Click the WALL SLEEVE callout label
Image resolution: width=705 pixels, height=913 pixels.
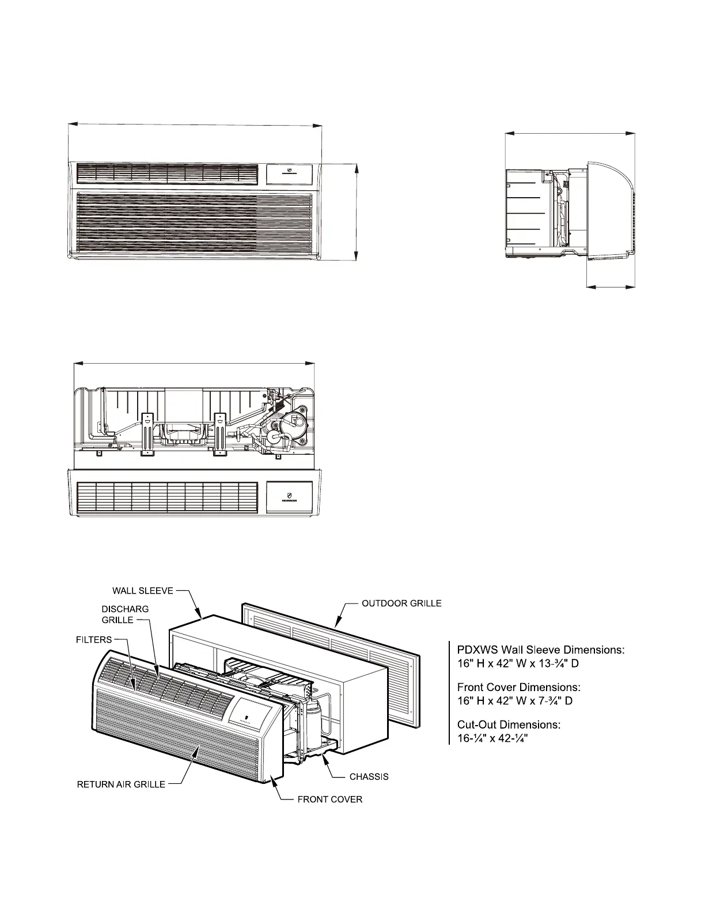coord(142,591)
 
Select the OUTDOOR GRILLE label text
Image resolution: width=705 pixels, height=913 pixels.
coord(401,603)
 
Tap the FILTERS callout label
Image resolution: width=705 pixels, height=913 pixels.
coord(94,639)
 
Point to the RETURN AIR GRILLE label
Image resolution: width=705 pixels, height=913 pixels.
coord(122,784)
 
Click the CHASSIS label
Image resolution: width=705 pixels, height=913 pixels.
coord(369,776)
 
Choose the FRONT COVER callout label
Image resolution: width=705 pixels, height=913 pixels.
coord(330,799)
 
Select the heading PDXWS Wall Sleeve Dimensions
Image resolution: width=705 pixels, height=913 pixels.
coord(541,650)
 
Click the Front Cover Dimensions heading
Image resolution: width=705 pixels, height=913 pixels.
coord(518,687)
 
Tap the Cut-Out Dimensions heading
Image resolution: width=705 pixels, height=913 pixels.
coord(509,724)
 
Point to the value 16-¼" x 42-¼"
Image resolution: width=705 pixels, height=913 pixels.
coord(493,738)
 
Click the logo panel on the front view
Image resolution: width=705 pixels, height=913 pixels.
coord(289,172)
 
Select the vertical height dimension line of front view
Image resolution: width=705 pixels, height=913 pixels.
coord(357,212)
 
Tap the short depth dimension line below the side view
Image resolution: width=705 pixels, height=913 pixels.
coord(611,285)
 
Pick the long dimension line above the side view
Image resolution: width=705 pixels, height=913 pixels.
coord(570,133)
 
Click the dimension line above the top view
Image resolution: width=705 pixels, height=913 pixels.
coord(195,363)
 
